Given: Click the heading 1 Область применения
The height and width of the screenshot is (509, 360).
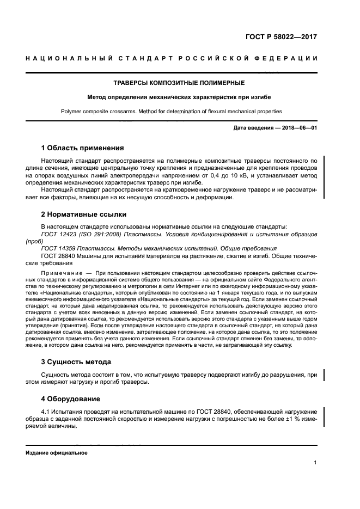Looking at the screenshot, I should [83, 148].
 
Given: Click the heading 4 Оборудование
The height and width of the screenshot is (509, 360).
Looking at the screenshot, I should [70, 398].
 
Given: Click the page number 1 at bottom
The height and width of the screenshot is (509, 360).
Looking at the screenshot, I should [315, 463].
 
